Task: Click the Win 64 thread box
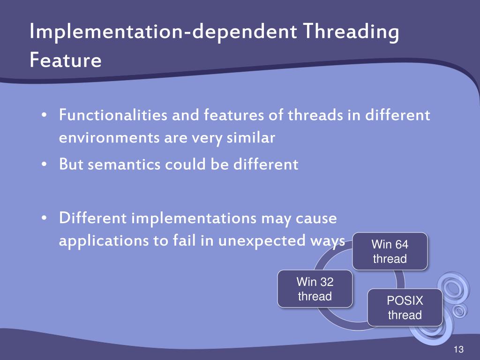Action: pyautogui.click(x=390, y=251)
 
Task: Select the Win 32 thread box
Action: pyautogui.click(x=315, y=289)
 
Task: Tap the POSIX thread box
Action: pyautogui.click(x=405, y=307)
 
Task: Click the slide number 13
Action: pyautogui.click(x=458, y=350)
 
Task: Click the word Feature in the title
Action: pyautogui.click(x=65, y=60)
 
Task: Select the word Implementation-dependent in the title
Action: pyautogui.click(x=163, y=32)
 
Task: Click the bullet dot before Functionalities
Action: pyautogui.click(x=44, y=115)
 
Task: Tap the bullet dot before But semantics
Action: pyautogui.click(x=44, y=165)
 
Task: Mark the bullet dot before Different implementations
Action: pyautogui.click(x=44, y=219)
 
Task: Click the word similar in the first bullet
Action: pyautogui.click(x=252, y=138)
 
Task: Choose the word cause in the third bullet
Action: pyautogui.click(x=316, y=218)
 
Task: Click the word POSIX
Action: pyautogui.click(x=405, y=301)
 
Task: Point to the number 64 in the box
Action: pyautogui.click(x=402, y=244)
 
